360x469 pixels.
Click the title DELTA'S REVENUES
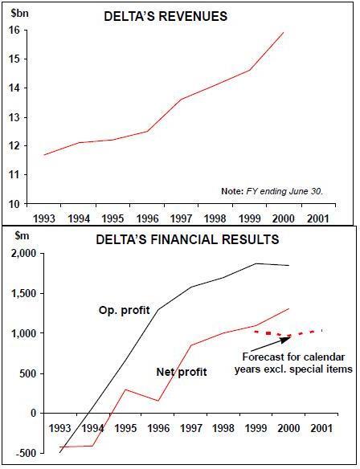coord(166,16)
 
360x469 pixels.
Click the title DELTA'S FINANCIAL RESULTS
coord(187,239)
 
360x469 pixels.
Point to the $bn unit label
coord(20,14)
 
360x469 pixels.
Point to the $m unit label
coord(22,235)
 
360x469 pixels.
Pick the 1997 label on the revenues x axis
coord(181,218)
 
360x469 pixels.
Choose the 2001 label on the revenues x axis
coord(318,218)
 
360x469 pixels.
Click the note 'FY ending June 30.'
coord(272,191)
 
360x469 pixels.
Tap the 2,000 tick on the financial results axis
coord(29,254)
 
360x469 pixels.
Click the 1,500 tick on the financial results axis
coord(29,294)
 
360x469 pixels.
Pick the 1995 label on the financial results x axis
coord(125,428)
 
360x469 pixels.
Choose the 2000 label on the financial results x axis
coord(288,428)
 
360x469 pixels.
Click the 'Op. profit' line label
coord(125,311)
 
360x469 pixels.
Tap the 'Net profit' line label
coord(182,372)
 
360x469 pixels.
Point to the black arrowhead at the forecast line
coord(286,339)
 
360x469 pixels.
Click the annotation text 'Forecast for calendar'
coord(293,357)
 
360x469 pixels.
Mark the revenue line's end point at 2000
coord(284,32)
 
